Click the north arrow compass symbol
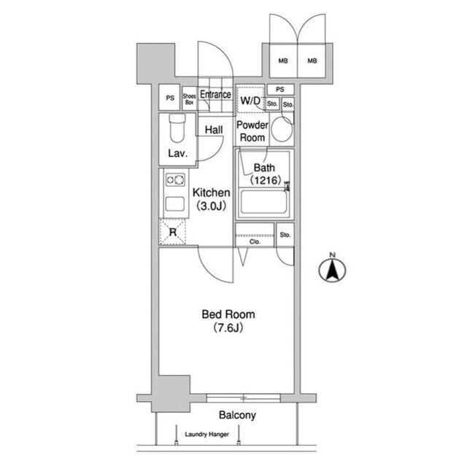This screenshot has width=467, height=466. coord(332,268)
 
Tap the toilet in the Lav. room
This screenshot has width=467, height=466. coord(177,128)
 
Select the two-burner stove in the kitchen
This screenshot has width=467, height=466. coord(175,179)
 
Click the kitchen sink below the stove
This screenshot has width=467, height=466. coord(175,204)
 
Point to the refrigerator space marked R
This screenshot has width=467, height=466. coord(173,232)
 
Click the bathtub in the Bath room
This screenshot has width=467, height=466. coord(263,202)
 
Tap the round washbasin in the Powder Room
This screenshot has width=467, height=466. coord(282,129)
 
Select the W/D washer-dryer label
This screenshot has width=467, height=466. coord(250,101)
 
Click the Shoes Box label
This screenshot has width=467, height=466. coord(190,99)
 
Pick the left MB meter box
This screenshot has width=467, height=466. coord(283,61)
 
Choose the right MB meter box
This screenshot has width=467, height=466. coord(312,61)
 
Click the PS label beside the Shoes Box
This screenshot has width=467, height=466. coord(170,98)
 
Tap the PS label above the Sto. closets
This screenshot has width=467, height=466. coord(280,89)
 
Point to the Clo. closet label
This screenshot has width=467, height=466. coord(255,241)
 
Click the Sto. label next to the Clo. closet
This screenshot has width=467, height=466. coord(285,235)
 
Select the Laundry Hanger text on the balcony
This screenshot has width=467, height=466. coord(207,434)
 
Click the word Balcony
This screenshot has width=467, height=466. coord(237,415)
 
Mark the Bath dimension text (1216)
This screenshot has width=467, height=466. coord(266,180)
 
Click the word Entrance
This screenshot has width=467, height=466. coord(215,94)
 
